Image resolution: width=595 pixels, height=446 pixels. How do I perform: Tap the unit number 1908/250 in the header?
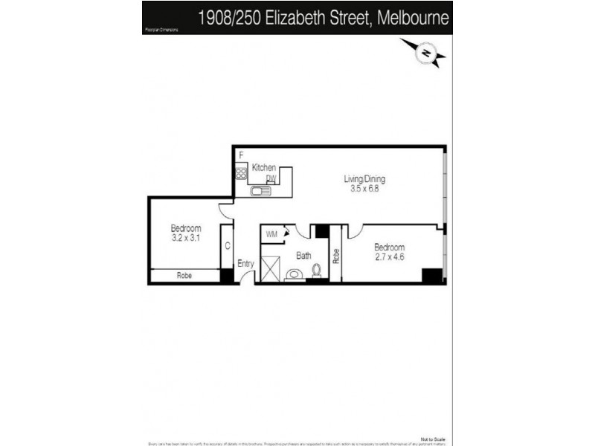(x=226, y=18)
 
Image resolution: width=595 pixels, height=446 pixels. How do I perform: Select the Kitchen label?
(x=264, y=168)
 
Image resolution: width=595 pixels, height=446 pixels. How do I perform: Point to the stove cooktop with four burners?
(x=241, y=174)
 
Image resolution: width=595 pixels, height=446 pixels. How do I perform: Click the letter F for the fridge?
(x=241, y=155)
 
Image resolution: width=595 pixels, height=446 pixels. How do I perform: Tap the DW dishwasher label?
(x=271, y=178)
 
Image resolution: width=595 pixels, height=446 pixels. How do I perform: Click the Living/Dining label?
(x=364, y=179)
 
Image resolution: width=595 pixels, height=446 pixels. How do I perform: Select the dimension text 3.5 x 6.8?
(x=364, y=189)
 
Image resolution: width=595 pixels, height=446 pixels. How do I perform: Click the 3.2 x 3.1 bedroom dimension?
(x=186, y=238)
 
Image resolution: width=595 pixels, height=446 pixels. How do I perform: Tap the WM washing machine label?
(x=271, y=234)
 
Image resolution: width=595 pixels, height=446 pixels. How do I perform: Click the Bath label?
(x=303, y=256)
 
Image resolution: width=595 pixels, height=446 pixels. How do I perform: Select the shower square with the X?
(x=271, y=268)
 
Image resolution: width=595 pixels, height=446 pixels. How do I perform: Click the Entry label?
(x=245, y=264)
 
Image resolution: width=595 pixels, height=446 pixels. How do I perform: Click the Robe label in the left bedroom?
(x=184, y=276)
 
